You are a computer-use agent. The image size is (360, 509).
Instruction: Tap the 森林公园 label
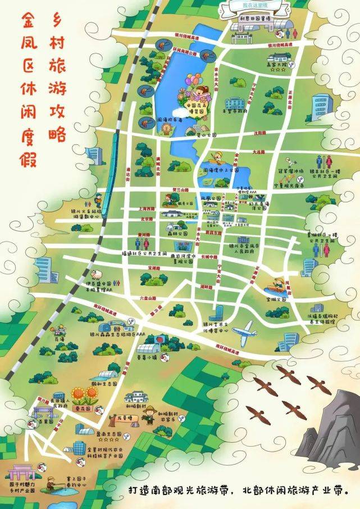pyautogui.click(x=179, y=233)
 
